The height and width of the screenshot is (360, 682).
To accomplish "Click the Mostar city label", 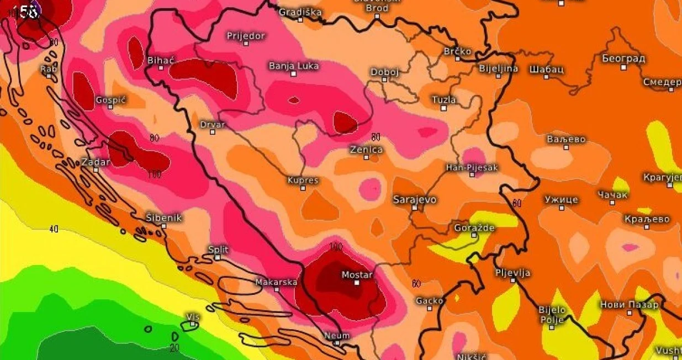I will click(x=357, y=275).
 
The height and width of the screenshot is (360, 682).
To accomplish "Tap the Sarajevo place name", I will click(x=415, y=199).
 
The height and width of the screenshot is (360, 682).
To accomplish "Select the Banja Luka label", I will click(x=294, y=66).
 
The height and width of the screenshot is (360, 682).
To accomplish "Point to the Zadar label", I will click(x=96, y=162).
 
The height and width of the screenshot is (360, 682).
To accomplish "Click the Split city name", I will click(x=218, y=250).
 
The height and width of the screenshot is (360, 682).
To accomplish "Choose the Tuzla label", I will click(x=444, y=100).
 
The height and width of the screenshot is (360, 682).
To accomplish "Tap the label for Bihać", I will click(x=161, y=60).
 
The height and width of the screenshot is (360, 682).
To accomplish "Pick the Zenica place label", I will click(x=366, y=150).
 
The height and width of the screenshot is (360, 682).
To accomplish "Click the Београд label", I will click(x=623, y=59).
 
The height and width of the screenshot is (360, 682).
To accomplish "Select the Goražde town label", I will click(x=473, y=227).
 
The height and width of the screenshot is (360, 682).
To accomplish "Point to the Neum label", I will click(x=337, y=335).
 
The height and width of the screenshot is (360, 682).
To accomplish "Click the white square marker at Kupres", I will click(x=303, y=188).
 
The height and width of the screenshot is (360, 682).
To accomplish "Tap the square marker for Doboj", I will click(x=384, y=80).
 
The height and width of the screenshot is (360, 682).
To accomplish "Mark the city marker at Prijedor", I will click(x=246, y=43).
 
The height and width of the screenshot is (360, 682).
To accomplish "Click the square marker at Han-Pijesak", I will click(x=472, y=174).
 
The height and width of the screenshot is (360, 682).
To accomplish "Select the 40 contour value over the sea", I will click(x=54, y=229).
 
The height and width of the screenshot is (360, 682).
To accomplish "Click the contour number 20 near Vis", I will click(x=175, y=348).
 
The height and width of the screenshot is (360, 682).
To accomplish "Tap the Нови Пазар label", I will click(x=630, y=305).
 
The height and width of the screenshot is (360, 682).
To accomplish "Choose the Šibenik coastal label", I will click(x=164, y=218).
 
